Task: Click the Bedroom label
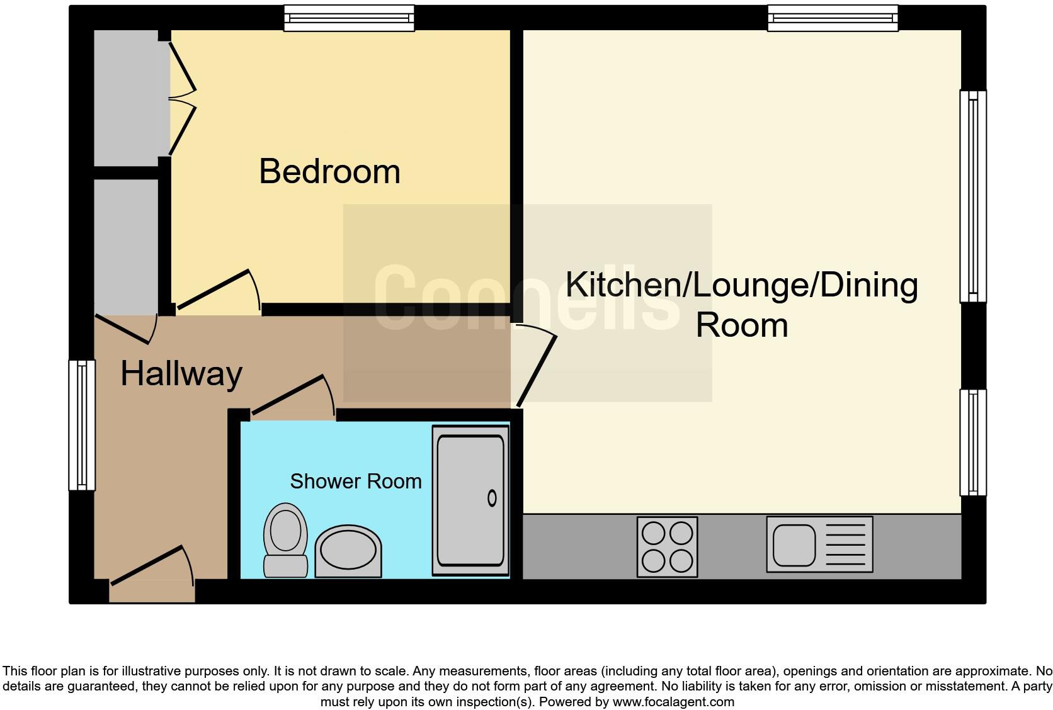tap(329, 171)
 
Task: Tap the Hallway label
tap(181, 374)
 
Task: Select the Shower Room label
tap(355, 482)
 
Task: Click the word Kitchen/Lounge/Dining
tap(741, 285)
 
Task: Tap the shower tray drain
tap(492, 499)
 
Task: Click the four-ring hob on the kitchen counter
tap(667, 546)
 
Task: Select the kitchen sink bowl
tap(794, 545)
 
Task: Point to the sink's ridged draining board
tap(845, 545)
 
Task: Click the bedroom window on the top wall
tap(349, 18)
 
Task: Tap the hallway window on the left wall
tap(82, 425)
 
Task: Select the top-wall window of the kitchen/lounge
tap(833, 18)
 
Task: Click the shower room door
tap(293, 397)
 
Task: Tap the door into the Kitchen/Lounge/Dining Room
tap(535, 365)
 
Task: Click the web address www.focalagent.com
tap(673, 701)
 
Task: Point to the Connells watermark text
tap(526, 297)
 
